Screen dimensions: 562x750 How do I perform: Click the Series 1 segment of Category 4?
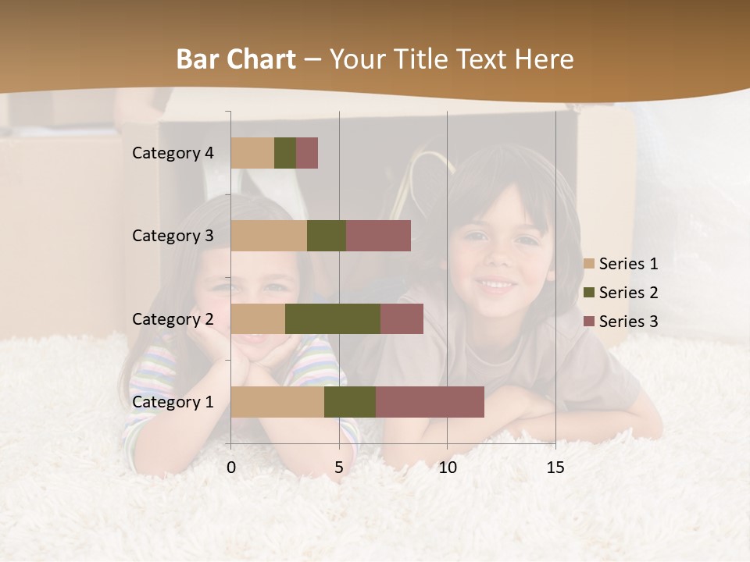[x=252, y=153]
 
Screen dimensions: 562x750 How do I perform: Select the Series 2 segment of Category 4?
[x=285, y=153]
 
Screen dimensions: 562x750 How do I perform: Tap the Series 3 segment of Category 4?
[x=307, y=153]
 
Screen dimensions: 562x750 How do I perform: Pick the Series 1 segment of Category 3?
[x=269, y=236]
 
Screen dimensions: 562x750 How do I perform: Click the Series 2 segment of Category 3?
[x=327, y=236]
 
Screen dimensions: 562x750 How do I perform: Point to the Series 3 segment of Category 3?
[x=378, y=236]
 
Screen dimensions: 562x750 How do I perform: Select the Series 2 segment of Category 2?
[x=333, y=318]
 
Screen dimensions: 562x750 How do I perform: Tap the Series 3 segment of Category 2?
[x=402, y=318]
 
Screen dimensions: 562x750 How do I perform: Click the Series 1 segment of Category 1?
[x=277, y=402]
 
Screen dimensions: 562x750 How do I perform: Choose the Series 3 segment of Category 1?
[x=430, y=402]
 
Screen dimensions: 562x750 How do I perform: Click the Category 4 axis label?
[x=173, y=153]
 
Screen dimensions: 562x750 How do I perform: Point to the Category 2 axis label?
[x=173, y=318]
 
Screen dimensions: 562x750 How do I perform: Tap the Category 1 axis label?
[x=173, y=402]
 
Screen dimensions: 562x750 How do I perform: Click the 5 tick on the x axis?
[x=339, y=468]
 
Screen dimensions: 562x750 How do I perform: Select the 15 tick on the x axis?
[x=555, y=468]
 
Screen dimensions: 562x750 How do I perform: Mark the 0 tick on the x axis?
[x=231, y=468]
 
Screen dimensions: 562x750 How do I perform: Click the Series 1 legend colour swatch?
[x=589, y=264]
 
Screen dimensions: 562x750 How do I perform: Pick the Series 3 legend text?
[x=628, y=322]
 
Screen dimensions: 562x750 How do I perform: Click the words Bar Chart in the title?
[x=236, y=59]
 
